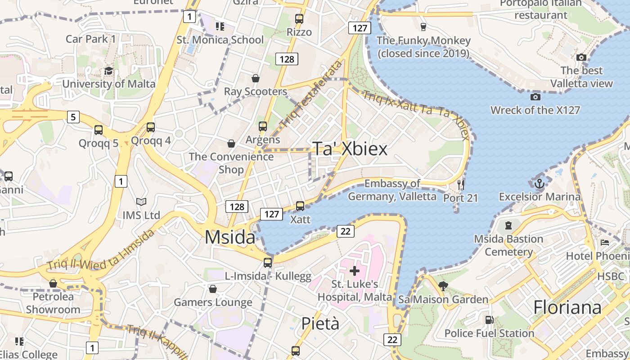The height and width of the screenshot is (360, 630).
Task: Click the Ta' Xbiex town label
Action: (x=350, y=149)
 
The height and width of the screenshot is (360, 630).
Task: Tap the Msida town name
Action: (x=230, y=237)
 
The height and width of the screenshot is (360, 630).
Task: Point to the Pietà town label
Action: (x=320, y=324)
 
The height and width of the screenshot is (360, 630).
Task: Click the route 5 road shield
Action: (x=73, y=117)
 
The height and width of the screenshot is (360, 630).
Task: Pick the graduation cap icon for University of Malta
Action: (x=108, y=71)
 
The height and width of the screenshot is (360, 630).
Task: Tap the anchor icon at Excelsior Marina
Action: (x=539, y=183)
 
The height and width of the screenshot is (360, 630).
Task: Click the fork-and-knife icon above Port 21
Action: (x=460, y=184)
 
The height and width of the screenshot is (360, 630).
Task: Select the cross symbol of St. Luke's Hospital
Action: (x=355, y=271)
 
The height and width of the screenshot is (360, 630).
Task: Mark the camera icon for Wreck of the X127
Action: (x=535, y=97)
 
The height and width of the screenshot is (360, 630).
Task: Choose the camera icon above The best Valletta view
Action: (x=581, y=58)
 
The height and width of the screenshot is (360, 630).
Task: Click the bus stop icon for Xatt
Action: (x=300, y=206)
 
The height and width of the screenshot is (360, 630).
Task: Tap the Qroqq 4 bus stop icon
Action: (x=151, y=127)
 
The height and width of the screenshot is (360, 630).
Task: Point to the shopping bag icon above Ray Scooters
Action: (x=255, y=79)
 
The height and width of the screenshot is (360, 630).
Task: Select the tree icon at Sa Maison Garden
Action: (x=443, y=286)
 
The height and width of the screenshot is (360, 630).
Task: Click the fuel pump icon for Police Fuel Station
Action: (x=489, y=320)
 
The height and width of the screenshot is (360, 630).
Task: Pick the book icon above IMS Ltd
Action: (x=141, y=202)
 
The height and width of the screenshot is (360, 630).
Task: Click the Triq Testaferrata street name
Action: (x=310, y=94)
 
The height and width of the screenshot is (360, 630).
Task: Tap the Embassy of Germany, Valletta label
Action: (x=392, y=190)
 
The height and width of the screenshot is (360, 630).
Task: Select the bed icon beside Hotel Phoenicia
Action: (x=605, y=243)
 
